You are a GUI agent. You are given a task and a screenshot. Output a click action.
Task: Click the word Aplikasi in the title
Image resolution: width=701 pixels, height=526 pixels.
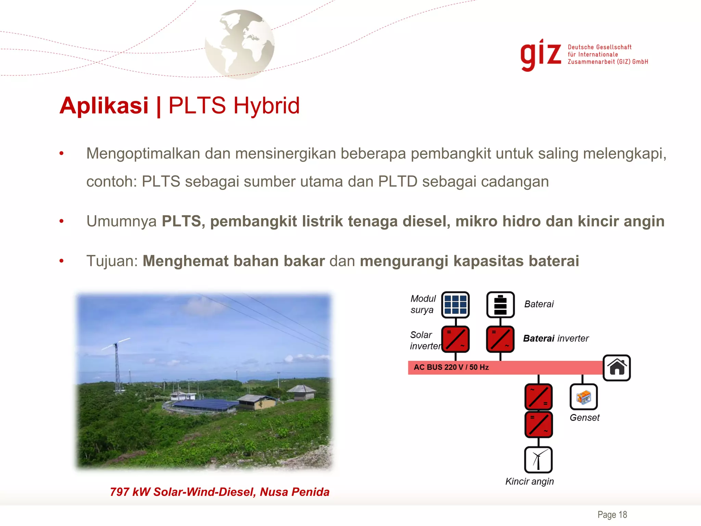click(x=104, y=105)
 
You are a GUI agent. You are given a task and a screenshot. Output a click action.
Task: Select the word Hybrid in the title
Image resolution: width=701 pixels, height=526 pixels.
click(x=267, y=105)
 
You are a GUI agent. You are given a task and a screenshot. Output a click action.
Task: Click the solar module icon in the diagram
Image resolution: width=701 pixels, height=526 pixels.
click(x=455, y=304)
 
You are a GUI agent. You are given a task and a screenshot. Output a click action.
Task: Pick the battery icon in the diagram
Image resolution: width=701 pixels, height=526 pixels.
click(x=500, y=304)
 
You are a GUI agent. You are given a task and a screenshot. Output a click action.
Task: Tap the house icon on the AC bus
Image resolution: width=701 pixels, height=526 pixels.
click(x=616, y=368)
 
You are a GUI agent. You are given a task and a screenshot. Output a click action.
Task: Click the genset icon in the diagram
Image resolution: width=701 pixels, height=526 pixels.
click(x=584, y=397)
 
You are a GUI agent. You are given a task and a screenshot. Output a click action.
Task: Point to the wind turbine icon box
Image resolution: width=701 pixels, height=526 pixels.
click(x=538, y=460)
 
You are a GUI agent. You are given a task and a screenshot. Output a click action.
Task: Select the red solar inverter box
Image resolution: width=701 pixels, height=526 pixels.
click(x=455, y=339)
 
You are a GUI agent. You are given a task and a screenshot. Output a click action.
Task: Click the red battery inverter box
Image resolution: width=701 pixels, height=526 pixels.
click(x=500, y=339)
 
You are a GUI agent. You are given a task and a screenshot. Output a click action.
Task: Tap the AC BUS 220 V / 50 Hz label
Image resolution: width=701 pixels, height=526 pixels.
click(x=451, y=367)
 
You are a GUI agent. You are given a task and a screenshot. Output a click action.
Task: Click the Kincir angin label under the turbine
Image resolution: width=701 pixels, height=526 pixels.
click(x=530, y=481)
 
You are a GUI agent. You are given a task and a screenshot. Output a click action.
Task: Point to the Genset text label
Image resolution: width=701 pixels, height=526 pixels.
click(x=585, y=418)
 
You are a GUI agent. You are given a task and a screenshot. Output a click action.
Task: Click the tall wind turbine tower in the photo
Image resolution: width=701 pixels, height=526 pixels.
click(x=117, y=368)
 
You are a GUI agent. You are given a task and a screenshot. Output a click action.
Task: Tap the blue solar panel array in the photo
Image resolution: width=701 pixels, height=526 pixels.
click(x=205, y=404)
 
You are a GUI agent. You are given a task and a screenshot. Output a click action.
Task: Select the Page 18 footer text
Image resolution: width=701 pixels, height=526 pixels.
click(x=612, y=515)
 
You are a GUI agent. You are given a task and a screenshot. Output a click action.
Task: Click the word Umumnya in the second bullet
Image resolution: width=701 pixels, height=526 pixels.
click(x=121, y=221)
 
